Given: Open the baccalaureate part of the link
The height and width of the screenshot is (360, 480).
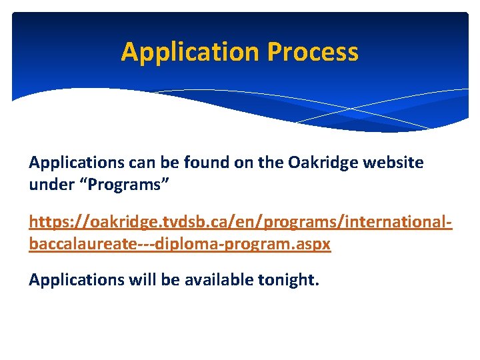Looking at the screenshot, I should [83, 244].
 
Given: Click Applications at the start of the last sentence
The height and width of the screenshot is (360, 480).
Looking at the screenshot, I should [74, 280].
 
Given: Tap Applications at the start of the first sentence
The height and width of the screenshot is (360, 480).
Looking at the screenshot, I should [74, 163].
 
